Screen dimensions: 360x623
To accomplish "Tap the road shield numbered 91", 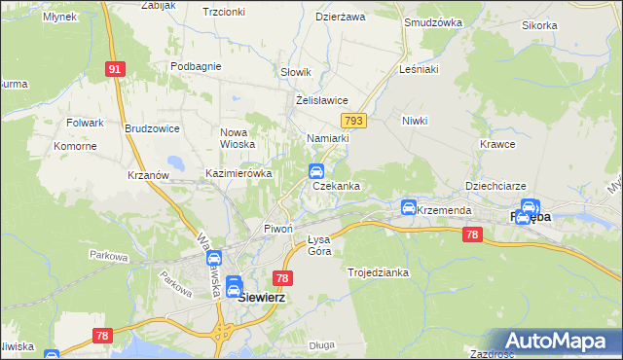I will [116, 69].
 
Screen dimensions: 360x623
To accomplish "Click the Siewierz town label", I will [262, 298].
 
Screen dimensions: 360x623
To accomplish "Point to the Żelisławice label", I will [321, 100].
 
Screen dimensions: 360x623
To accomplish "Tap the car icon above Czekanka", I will [316, 171].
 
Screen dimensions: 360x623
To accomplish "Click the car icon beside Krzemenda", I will [409, 208].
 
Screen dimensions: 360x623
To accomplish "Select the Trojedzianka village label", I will [378, 273].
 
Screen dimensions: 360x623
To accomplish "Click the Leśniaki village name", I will [420, 70].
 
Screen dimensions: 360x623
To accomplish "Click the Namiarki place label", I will [327, 139].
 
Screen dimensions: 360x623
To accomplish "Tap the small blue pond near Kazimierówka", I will [176, 162].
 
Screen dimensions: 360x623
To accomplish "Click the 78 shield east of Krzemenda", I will [472, 234].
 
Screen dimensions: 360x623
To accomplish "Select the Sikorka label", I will [566, 25].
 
